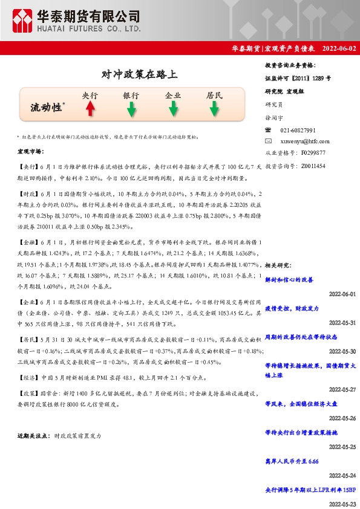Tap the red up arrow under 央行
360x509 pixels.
point(90,108)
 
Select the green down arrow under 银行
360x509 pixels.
point(131,109)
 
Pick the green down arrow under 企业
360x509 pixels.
point(173,109)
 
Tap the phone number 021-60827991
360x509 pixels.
point(298,131)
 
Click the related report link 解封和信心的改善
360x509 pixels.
point(289,280)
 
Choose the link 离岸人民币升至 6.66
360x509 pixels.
point(292,461)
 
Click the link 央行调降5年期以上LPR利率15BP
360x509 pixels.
point(310,489)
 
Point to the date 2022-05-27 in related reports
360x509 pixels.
point(342,389)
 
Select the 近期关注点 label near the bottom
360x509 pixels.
point(34,435)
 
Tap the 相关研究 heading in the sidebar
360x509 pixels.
point(279,265)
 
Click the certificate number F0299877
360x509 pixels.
point(313,153)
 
